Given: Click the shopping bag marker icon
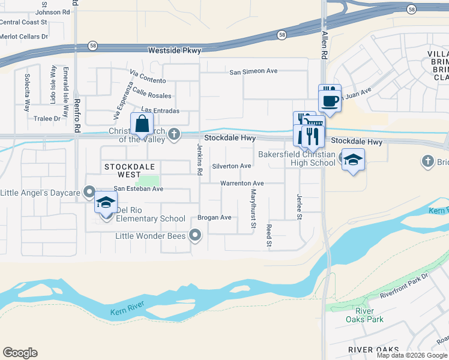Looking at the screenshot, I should point(142,125).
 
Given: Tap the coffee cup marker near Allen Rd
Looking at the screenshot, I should point(330,98).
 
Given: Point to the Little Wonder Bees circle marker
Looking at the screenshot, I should point(195,236).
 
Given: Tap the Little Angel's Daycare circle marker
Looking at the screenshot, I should point(89,193).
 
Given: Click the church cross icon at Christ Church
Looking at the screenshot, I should point(174,134).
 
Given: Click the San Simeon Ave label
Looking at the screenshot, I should point(253,71).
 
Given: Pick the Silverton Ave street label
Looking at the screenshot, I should point(232,166).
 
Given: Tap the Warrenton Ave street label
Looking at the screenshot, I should point(242,183).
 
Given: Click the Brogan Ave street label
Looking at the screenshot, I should point(214,218).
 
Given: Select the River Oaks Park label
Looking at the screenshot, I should point(364,315).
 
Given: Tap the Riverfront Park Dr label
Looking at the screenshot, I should point(403,286).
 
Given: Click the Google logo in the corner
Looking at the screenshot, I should point(20,352).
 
